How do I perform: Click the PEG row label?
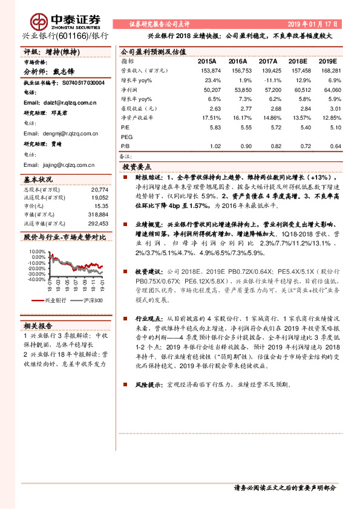point(126,137)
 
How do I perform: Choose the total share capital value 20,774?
point(99,189)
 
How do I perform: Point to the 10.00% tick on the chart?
point(37,250)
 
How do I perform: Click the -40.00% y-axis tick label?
point(36,279)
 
